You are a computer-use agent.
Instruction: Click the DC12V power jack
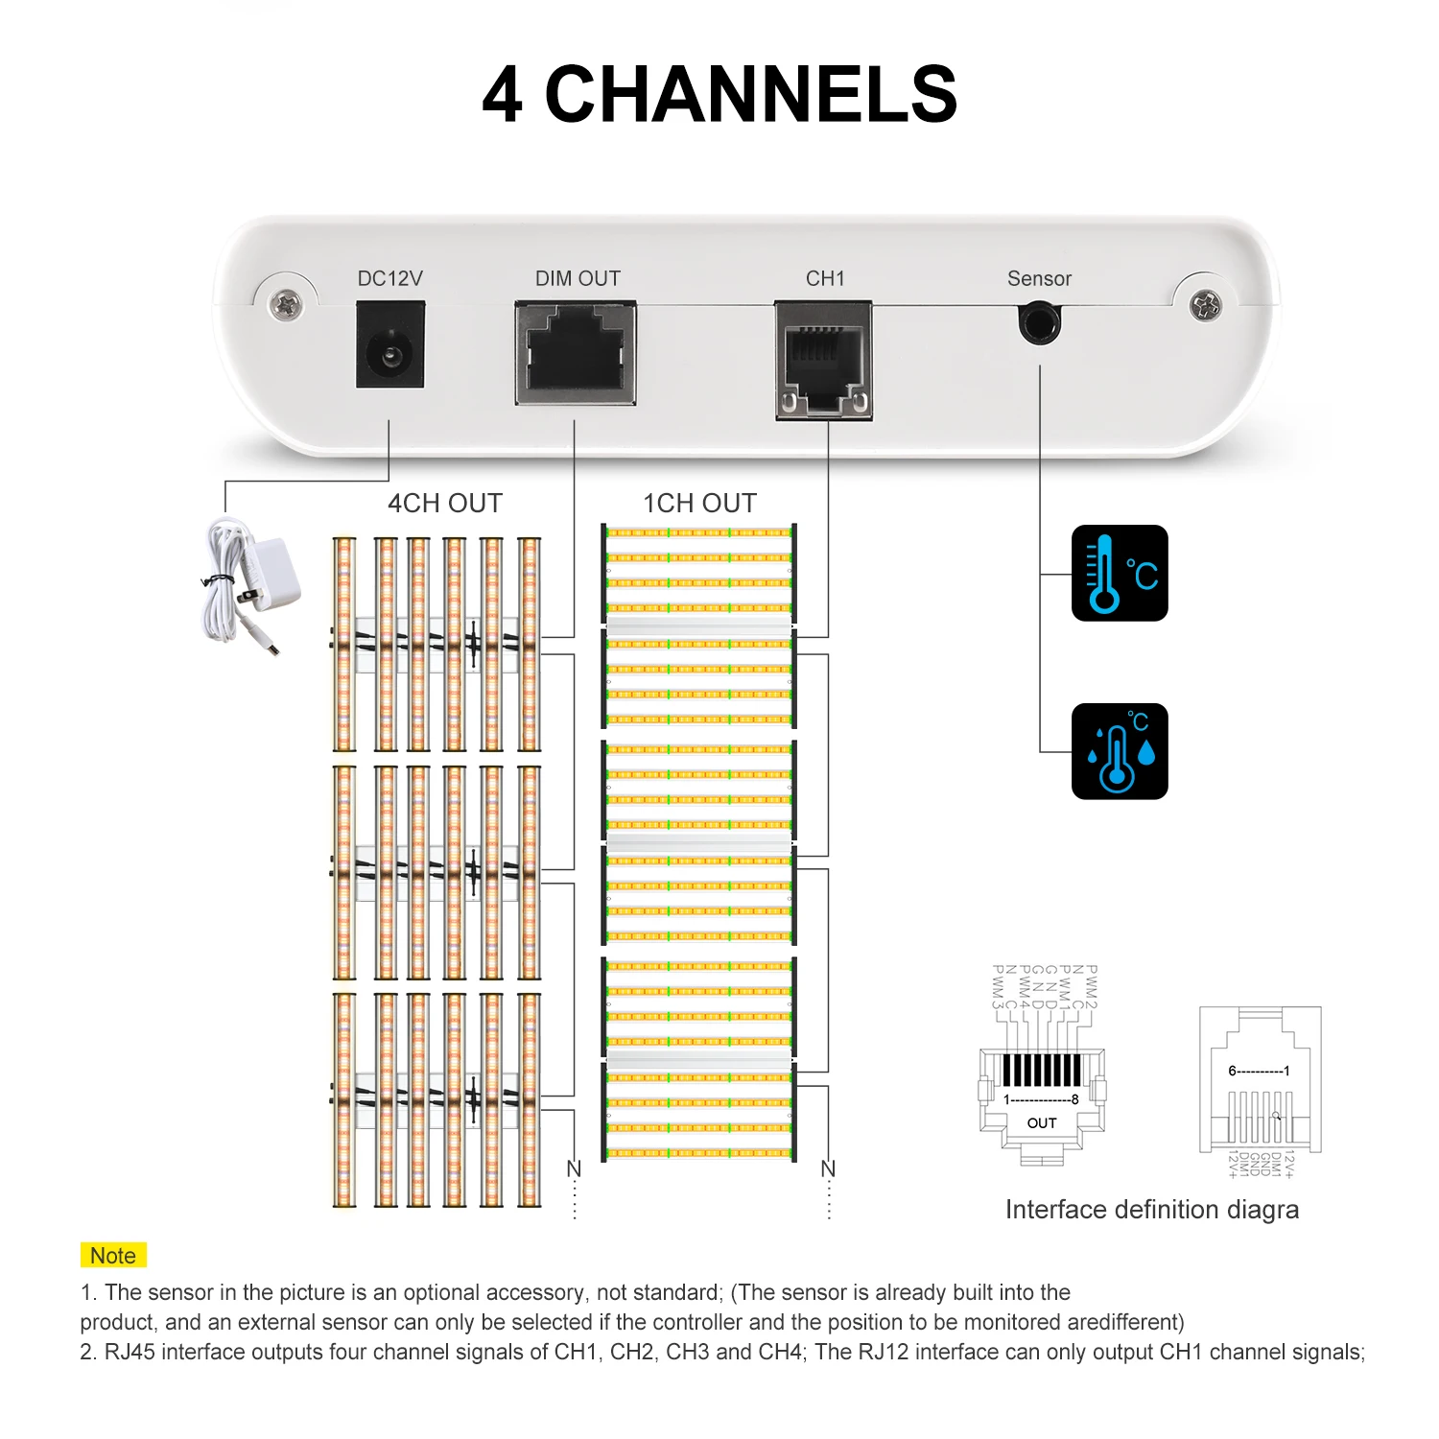(390, 345)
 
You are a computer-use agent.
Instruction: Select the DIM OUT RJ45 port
(576, 353)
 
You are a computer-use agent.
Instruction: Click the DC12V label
(389, 278)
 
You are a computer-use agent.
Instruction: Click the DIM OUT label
(578, 278)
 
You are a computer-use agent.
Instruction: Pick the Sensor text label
(1039, 278)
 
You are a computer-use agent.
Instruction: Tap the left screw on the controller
(285, 305)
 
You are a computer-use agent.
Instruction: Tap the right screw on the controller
(1206, 305)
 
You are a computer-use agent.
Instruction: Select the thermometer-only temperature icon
(1120, 573)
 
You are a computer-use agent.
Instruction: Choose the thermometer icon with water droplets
(1120, 751)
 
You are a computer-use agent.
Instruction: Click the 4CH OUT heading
(444, 503)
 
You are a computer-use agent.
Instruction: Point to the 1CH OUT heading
(699, 503)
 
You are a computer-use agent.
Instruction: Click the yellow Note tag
(112, 1256)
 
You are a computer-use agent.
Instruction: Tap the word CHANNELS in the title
(751, 94)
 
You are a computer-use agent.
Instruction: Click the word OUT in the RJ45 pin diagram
(1042, 1122)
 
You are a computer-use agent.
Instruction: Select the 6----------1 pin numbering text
(1259, 1071)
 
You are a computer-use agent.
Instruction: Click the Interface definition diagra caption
(1151, 1210)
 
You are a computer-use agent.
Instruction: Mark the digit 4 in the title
(503, 94)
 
